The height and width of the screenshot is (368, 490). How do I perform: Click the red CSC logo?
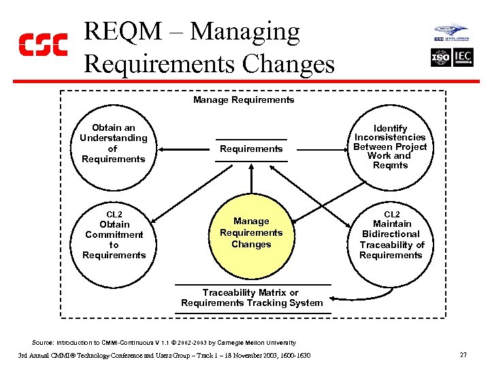click(42, 44)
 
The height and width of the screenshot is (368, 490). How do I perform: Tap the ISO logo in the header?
click(441, 58)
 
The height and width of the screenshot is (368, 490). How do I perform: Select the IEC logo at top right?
click(463, 58)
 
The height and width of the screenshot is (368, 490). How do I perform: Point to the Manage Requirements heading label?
click(244, 100)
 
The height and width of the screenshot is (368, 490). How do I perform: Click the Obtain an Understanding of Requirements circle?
click(113, 144)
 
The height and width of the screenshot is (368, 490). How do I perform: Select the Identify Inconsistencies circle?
click(391, 147)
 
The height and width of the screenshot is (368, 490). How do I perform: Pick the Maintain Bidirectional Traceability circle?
click(391, 236)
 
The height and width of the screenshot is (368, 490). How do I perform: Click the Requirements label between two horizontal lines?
click(251, 149)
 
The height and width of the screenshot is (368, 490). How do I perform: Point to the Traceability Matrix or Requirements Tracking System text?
click(251, 298)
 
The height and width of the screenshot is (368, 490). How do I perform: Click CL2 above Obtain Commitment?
click(114, 214)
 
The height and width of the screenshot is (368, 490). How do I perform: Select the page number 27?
click(463, 355)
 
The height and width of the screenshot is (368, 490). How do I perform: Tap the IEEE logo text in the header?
click(442, 40)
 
